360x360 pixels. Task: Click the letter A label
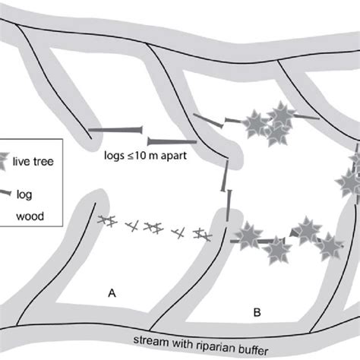coord(112,293)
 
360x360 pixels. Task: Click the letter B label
coord(257,312)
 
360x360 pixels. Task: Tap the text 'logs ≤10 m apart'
coord(145,156)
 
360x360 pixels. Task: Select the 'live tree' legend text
coord(33,161)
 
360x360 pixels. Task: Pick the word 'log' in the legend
coord(24,195)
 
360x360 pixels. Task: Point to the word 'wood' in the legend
coord(30,216)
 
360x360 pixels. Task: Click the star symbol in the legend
coord(4,161)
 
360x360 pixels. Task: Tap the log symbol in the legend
coord(5,193)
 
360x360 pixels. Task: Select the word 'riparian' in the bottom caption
coord(217,346)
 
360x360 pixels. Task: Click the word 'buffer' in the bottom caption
coord(254,349)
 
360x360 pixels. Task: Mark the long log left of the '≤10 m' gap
coord(115,130)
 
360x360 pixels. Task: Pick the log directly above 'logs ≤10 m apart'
coord(172,141)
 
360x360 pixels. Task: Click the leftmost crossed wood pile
coord(107,220)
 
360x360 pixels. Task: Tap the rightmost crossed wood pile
coord(203,235)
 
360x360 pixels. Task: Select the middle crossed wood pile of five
coord(153,228)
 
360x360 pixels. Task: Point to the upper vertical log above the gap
coord(225,175)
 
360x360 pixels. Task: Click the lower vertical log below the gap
coord(229,206)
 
